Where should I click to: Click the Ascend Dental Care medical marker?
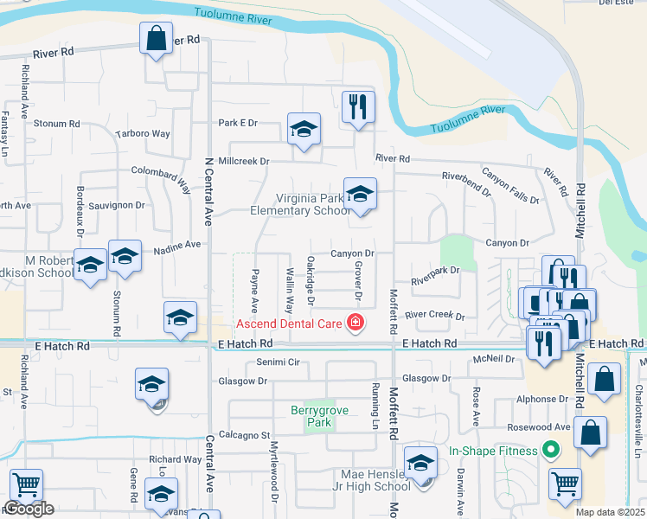(x=354, y=324)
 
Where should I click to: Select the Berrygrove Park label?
(x=319, y=417)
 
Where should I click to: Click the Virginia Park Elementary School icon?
(x=360, y=194)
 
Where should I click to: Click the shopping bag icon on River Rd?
(x=156, y=38)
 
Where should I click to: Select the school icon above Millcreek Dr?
(x=304, y=130)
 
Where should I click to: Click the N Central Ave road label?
(x=208, y=191)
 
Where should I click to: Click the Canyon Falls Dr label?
(x=510, y=186)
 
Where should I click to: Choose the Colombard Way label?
(x=162, y=176)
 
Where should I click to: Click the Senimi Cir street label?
(x=278, y=362)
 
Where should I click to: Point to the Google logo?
(x=29, y=509)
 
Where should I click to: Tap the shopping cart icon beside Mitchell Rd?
(x=566, y=485)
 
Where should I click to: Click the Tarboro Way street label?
(x=143, y=133)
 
